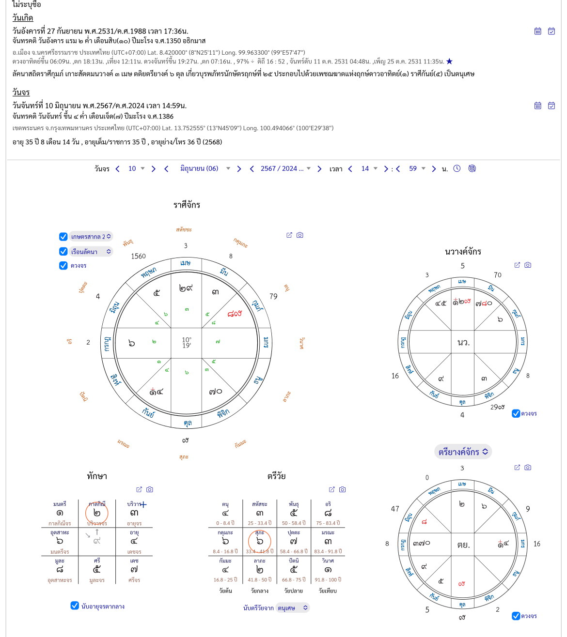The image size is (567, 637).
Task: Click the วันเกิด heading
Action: click(x=23, y=18)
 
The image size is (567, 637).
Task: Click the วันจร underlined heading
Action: click(x=21, y=92)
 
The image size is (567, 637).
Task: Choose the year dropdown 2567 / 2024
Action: click(x=285, y=168)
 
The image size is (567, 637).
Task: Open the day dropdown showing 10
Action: click(x=136, y=168)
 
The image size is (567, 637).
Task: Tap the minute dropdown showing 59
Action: click(x=417, y=168)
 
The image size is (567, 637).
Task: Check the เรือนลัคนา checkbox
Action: click(x=63, y=251)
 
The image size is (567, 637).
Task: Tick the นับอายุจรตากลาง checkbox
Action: click(x=75, y=606)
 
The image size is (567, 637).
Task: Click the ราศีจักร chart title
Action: click(x=187, y=205)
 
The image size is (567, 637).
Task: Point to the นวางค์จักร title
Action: click(x=463, y=251)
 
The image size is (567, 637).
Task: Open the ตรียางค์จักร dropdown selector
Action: click(x=463, y=452)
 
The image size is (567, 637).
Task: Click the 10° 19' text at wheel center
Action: click(x=187, y=343)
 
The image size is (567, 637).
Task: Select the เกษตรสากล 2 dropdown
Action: click(x=91, y=237)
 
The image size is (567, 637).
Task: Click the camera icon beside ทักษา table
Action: click(x=150, y=489)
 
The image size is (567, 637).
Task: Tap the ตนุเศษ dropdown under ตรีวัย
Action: click(x=292, y=608)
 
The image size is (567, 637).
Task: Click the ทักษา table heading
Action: click(x=97, y=476)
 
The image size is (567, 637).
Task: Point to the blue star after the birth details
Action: click(x=449, y=61)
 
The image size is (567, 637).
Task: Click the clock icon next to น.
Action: click(x=457, y=168)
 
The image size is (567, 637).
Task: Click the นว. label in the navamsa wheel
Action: click(x=463, y=342)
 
